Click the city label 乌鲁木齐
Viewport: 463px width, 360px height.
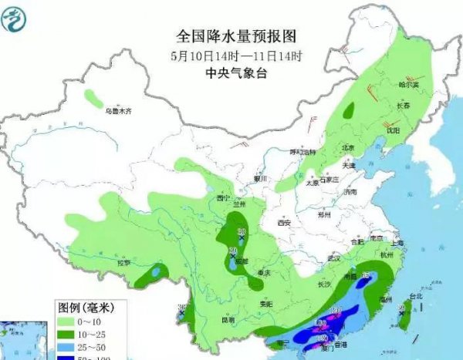point(119,111)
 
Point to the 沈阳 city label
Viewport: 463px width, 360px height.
point(394,131)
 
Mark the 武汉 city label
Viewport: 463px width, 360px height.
point(333,258)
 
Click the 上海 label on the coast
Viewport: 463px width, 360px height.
point(397,243)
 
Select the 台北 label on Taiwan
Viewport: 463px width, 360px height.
point(415,296)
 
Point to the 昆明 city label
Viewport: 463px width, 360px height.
point(228,319)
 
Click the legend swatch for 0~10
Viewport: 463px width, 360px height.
point(68,320)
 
